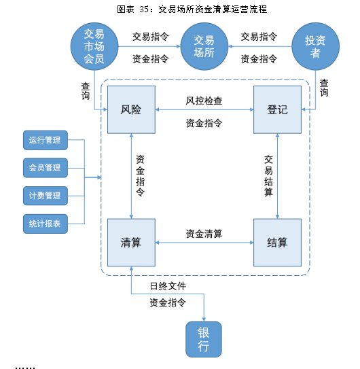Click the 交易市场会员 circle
tap(94, 46)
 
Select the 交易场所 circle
tap(204, 46)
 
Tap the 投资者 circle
tap(316, 46)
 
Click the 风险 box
tap(131, 109)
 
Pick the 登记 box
tap(277, 109)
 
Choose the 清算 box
tap(131, 243)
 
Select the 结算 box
tap(277, 243)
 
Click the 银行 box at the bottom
tap(204, 339)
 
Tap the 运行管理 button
tap(46, 140)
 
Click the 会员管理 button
tap(46, 168)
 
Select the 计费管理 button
tap(46, 196)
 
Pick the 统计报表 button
tap(46, 224)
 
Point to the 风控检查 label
tap(204, 101)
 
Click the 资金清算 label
tap(204, 234)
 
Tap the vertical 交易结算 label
tap(268, 176)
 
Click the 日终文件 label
tap(168, 286)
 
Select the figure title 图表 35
tap(133, 10)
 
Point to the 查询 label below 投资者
tap(324, 88)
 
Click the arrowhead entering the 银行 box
tap(204, 319)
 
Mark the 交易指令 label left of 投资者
tap(259, 37)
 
